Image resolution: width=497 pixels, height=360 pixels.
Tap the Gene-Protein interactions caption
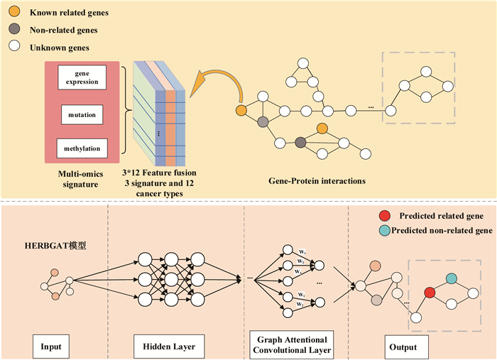[x=317, y=181]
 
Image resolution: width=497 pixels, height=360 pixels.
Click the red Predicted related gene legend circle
[x=383, y=217]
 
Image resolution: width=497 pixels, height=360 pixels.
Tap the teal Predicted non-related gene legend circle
[x=383, y=230]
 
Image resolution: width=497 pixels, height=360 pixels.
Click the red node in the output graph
[x=430, y=292]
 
